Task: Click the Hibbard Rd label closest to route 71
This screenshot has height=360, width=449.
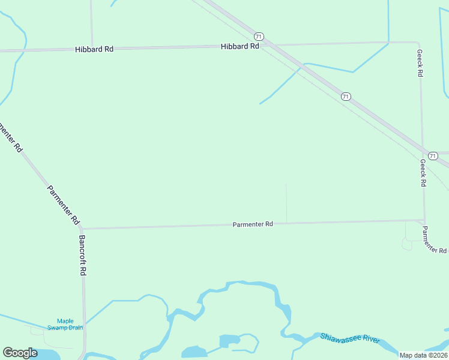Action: [x=240, y=46]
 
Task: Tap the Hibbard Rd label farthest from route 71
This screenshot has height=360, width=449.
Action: [x=94, y=49]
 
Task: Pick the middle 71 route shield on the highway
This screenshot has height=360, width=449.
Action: [x=345, y=97]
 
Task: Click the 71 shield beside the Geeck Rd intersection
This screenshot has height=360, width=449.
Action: [x=433, y=155]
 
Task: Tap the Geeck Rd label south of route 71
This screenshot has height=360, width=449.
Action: [x=423, y=173]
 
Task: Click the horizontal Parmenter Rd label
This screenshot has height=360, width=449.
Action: [x=253, y=224]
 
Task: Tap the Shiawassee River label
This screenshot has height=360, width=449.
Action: [x=350, y=338]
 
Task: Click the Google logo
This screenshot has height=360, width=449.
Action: [x=20, y=353]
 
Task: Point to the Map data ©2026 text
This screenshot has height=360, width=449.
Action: [x=423, y=355]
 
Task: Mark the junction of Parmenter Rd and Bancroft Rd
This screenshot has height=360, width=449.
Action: [x=82, y=229]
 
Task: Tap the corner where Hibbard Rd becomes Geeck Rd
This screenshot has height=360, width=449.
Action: [x=417, y=43]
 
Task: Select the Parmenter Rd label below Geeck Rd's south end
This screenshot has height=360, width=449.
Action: [x=433, y=240]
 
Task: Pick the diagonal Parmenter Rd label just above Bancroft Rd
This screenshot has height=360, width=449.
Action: [x=63, y=205]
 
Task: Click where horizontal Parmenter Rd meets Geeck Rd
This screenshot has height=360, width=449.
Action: [x=424, y=220]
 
